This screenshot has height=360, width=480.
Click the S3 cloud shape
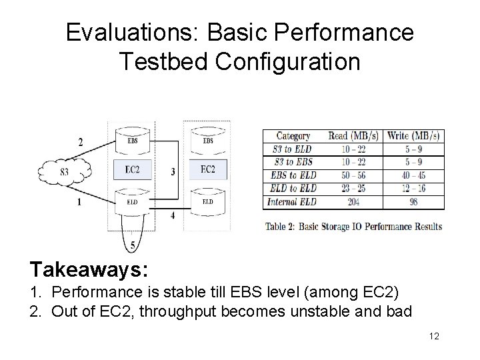pos(65,172)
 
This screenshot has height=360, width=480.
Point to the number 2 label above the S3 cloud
pos(81,141)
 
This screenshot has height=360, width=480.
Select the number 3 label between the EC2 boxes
pos(173,172)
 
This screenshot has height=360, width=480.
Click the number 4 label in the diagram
pos(173,215)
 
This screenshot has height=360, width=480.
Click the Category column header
pos(293,136)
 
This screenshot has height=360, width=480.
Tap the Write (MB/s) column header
pos(413,136)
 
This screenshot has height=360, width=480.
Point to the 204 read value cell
pos(354,201)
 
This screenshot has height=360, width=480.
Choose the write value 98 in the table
pos(413,201)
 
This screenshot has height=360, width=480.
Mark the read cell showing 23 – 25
pos(354,189)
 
